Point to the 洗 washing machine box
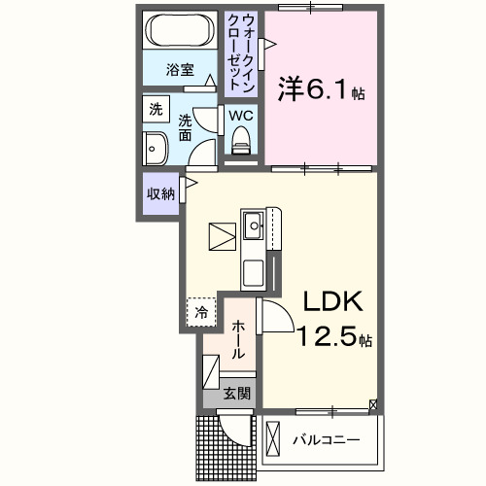[156, 109]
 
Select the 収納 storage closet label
[160, 193]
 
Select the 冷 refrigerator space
[200, 312]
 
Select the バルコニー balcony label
[327, 439]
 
